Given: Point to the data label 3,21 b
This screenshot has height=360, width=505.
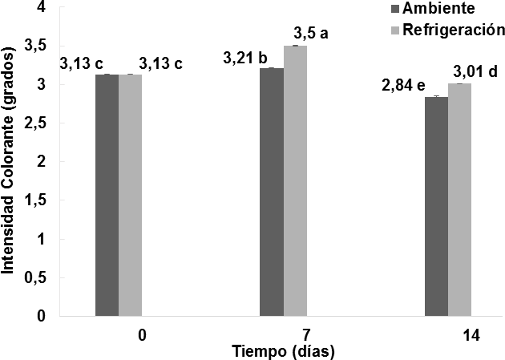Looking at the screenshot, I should coord(245,58).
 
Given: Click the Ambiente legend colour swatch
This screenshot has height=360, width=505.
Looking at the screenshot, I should coord(395,10).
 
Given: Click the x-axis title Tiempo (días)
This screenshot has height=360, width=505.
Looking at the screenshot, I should coord(283,351).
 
